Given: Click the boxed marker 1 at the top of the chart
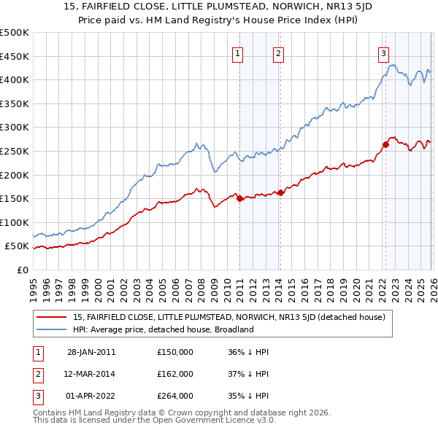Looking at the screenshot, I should (x=238, y=52).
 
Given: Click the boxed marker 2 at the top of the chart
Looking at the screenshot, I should (x=279, y=52).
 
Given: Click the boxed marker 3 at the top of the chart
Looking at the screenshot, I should (x=383, y=52).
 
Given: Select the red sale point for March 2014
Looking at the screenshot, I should (x=280, y=192).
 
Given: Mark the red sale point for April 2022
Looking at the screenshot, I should (x=385, y=144).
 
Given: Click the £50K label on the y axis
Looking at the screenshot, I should (x=17, y=246).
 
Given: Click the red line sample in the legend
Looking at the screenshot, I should (x=51, y=317).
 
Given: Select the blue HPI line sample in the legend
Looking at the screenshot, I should (x=51, y=329).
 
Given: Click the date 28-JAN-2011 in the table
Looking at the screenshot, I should (x=91, y=352).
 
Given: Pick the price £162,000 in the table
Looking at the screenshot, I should (x=175, y=374).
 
